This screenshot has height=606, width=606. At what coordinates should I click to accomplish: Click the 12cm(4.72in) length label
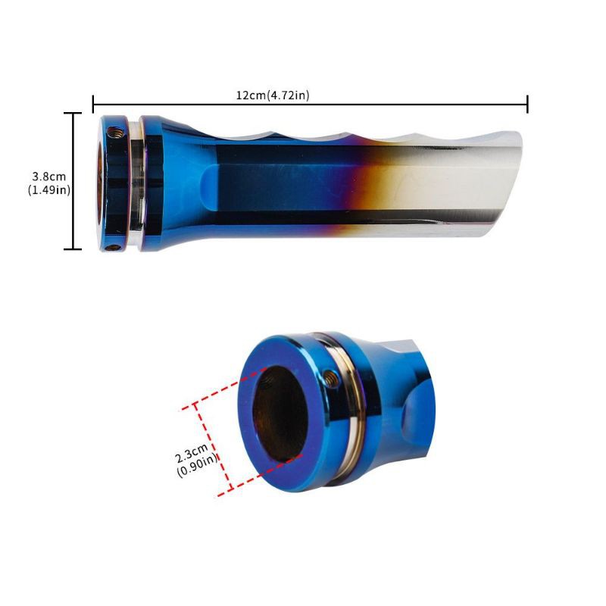point(273,95)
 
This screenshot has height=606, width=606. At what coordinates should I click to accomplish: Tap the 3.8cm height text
point(49,177)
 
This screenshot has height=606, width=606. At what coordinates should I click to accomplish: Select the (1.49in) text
point(49,190)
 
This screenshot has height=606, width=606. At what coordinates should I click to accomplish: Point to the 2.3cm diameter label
point(192,453)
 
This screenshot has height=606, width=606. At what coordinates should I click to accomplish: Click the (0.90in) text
point(198,465)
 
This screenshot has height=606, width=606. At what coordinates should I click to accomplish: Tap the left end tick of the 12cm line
point(93,104)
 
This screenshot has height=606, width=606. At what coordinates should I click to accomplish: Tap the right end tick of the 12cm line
point(527,104)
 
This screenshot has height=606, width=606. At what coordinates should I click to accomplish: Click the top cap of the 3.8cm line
point(73,113)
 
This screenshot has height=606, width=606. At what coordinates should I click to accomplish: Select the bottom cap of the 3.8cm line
point(73,249)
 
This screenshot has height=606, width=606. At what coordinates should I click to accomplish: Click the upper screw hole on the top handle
point(116,133)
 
